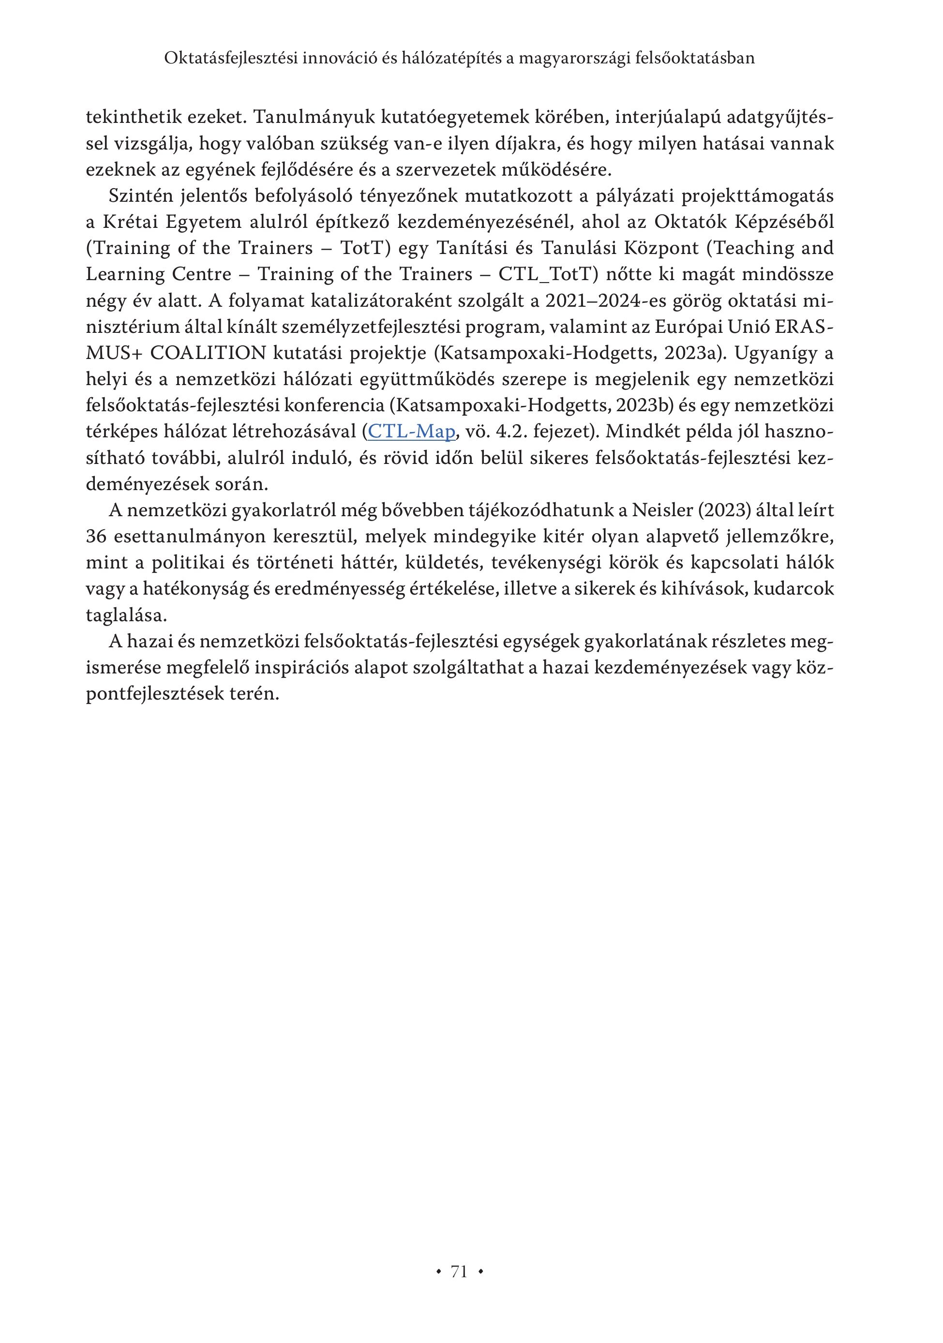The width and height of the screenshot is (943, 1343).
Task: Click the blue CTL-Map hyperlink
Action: (x=411, y=432)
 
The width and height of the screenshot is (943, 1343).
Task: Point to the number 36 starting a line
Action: (x=96, y=537)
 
